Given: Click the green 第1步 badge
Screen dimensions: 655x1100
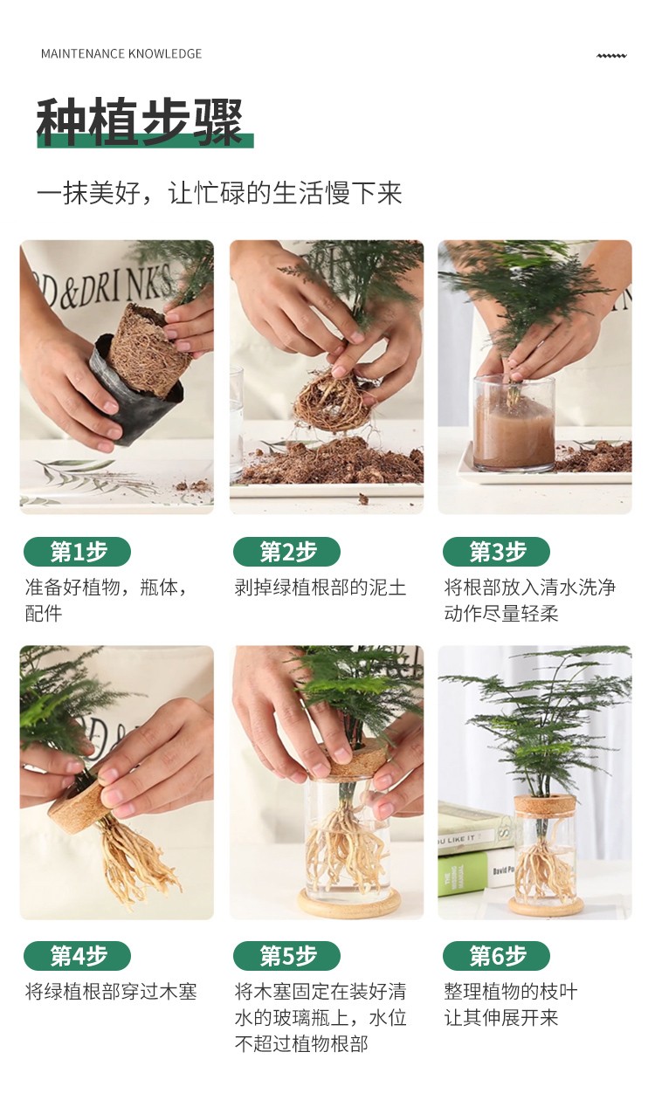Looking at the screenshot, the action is tap(77, 552).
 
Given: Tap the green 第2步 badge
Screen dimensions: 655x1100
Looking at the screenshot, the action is tap(287, 552).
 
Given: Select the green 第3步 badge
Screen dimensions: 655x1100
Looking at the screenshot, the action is tap(496, 552).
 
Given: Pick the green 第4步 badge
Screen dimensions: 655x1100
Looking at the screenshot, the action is tap(77, 956).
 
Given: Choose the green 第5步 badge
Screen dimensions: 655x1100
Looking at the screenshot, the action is tap(287, 956).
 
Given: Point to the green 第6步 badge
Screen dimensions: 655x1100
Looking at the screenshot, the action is tap(496, 956).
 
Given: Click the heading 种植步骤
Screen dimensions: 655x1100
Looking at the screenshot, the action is tap(140, 121).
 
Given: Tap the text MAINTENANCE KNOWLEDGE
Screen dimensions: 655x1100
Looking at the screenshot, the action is tap(121, 53).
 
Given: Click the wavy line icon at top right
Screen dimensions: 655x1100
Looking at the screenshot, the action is tap(611, 56).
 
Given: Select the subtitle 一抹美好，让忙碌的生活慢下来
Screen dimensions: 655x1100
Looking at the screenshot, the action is tap(220, 192).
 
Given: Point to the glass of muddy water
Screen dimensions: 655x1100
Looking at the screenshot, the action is tap(514, 425).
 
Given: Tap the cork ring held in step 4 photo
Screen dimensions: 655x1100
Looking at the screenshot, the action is tap(77, 801).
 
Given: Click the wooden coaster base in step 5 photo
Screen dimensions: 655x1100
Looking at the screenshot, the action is tap(348, 903).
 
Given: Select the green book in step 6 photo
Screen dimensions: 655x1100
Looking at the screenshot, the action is tap(465, 875).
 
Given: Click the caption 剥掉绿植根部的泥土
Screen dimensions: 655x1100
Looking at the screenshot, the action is tap(321, 588).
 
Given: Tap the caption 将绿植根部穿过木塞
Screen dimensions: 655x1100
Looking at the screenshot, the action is tap(111, 992).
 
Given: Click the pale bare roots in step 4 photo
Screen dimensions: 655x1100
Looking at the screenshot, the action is tap(135, 861).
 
